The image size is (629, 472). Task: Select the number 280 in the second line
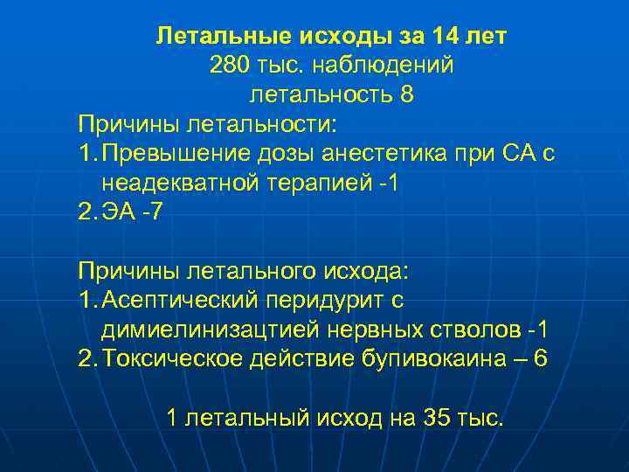(x=229, y=65)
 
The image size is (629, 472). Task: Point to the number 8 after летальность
(x=406, y=94)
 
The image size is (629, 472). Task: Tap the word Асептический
(x=180, y=301)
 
